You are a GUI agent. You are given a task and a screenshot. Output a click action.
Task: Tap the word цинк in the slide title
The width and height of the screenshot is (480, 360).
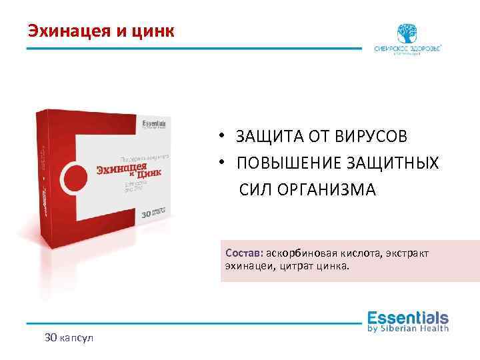click(x=152, y=31)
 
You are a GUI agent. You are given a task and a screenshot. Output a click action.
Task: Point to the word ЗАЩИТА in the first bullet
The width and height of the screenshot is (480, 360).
click(x=267, y=137)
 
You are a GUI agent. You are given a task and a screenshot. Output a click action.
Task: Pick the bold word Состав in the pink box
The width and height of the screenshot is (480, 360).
click(x=245, y=253)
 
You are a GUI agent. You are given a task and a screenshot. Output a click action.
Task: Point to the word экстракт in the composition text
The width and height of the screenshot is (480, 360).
click(x=407, y=253)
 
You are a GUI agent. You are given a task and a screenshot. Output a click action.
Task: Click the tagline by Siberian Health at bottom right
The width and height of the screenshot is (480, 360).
click(x=408, y=329)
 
